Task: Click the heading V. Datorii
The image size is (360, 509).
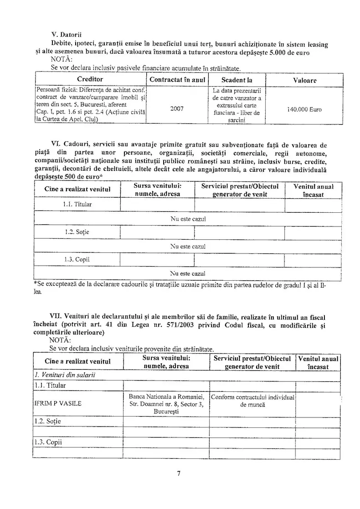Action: pos(69,36)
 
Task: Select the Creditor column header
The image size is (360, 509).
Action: pos(90,80)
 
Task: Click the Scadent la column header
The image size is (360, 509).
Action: pos(237,80)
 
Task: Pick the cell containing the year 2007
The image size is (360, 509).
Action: pos(177,108)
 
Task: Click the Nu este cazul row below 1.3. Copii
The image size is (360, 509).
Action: pos(188,274)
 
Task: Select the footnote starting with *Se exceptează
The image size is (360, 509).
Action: pos(180,288)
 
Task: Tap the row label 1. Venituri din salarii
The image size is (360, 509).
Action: pos(65,375)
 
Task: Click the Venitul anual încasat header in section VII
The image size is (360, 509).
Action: pos(319,362)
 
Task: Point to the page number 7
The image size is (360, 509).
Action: pos(179,473)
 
